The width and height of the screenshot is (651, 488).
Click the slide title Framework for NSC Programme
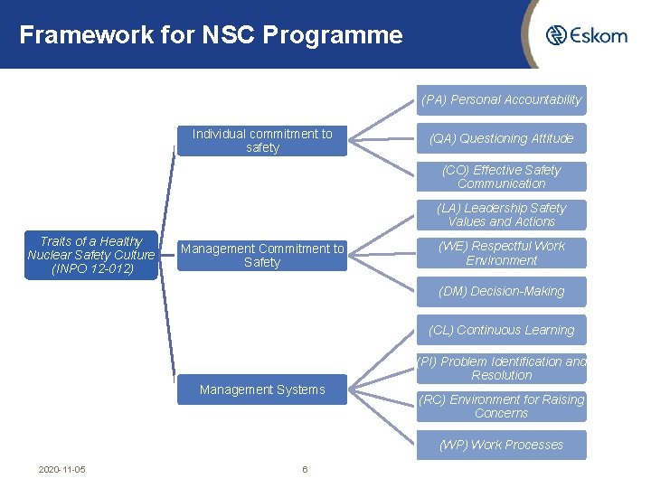(x=211, y=35)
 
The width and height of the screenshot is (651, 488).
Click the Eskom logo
(x=586, y=35)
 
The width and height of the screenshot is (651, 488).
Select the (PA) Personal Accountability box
(x=501, y=100)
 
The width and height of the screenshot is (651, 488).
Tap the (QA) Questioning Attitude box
(x=501, y=138)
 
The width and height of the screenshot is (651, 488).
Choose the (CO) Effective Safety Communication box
(x=501, y=176)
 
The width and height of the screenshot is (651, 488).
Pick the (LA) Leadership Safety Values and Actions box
(x=501, y=214)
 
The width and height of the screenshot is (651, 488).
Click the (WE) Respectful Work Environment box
(x=501, y=253)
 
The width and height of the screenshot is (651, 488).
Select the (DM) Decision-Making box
(x=501, y=291)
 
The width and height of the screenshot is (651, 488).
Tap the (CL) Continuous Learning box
(x=501, y=330)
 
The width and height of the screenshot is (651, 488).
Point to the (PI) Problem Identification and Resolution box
(x=501, y=368)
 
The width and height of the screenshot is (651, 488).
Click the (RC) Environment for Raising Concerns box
(x=501, y=407)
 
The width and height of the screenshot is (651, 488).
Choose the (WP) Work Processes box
(x=501, y=445)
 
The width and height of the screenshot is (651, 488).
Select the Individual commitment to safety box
(x=262, y=141)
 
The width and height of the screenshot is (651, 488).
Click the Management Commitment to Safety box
(x=262, y=256)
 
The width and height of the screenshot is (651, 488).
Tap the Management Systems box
(x=262, y=389)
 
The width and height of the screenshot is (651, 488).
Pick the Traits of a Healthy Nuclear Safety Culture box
(x=91, y=255)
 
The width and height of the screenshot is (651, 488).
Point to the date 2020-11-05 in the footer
(x=62, y=470)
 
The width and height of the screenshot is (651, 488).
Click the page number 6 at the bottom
(x=305, y=470)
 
